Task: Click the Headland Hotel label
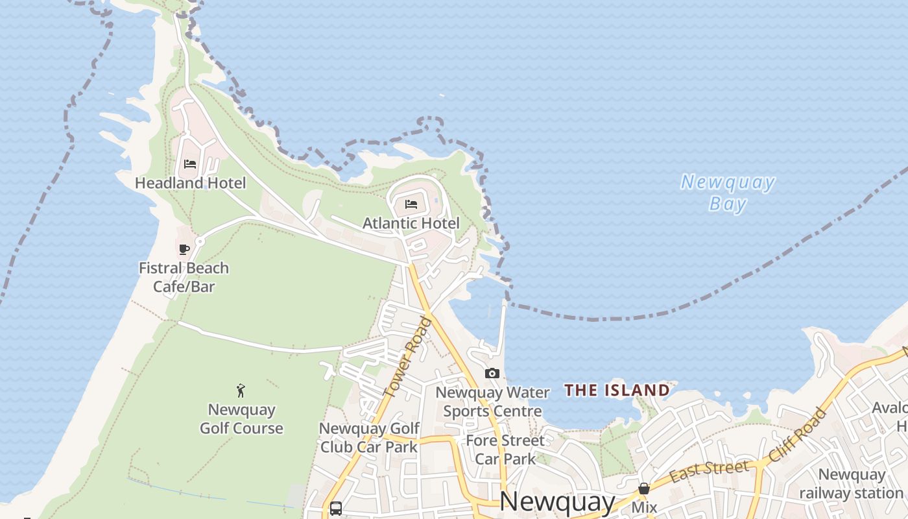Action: click(x=190, y=183)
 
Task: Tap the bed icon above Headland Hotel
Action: click(x=190, y=163)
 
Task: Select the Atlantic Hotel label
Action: click(x=411, y=223)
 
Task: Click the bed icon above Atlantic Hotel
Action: click(x=411, y=204)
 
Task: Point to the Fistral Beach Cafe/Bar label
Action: click(x=184, y=277)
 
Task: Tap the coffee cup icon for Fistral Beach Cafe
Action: click(x=184, y=249)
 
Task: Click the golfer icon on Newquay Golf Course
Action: click(x=241, y=391)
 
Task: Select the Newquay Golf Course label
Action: click(x=241, y=419)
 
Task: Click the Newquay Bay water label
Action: click(x=728, y=193)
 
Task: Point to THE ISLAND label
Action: click(x=617, y=390)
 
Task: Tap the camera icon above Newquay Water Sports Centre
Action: click(x=492, y=373)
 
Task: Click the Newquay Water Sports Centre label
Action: click(x=492, y=402)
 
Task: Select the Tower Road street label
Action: click(x=407, y=357)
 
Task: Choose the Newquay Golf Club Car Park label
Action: click(x=369, y=437)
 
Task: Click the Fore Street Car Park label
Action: click(x=505, y=450)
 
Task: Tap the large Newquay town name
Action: click(x=558, y=501)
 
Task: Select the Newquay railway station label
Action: click(x=851, y=484)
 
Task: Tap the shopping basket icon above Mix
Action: click(x=644, y=488)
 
